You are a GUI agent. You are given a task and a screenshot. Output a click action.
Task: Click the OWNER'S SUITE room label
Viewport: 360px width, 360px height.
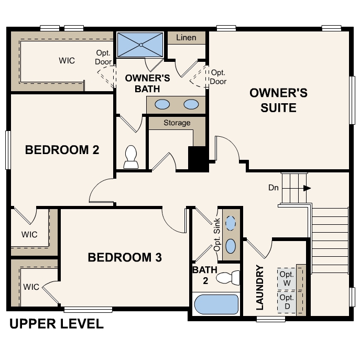pos(278,101)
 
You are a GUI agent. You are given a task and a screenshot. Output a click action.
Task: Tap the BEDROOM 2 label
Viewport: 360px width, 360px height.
pos(62,150)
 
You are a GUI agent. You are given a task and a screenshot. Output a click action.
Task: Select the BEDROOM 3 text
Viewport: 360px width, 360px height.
pos(125,257)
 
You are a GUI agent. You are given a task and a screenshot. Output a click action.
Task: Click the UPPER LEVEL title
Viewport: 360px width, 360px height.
pos(57,324)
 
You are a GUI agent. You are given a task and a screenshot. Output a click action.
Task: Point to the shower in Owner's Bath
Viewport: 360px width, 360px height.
pos(140,45)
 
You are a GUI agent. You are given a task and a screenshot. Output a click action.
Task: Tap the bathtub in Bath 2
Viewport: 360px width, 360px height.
pos(216,304)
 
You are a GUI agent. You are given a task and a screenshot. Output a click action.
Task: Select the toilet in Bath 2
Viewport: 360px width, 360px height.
pos(229,278)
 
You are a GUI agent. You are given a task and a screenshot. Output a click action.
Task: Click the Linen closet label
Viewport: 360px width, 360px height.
pos(186,38)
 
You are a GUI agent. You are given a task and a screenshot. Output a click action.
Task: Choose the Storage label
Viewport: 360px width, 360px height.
pos(177,123)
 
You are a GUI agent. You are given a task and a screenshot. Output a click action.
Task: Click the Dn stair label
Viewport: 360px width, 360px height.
pos(273,188)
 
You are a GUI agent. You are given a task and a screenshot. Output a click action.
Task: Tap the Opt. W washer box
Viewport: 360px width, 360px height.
pos(287,279)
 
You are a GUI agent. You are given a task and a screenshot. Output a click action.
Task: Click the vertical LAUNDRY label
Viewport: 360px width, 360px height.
pos(260,288)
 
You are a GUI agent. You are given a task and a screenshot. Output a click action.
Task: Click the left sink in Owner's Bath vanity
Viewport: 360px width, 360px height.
pos(163,104)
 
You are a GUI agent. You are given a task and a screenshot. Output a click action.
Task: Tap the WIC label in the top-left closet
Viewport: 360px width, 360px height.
pos(67,60)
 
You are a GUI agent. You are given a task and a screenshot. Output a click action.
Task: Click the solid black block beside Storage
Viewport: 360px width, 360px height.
pos(198,158)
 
